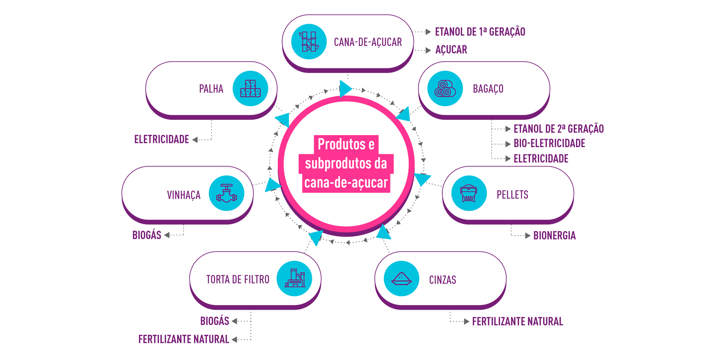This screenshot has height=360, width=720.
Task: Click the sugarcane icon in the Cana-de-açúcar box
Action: click(309, 41)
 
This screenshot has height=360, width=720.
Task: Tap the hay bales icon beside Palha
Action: click(250, 89)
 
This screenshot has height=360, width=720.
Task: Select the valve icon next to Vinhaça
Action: click(226, 193)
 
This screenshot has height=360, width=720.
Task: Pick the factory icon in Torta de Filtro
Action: click(294, 279)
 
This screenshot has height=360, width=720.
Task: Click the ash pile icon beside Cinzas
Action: click(401, 279)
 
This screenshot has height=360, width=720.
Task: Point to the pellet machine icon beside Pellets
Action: click(469, 193)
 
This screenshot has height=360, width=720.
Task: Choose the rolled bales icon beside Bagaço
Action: click(445, 89)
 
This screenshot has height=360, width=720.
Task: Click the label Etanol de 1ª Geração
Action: click(480, 32)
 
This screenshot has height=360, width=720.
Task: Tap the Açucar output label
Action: click(451, 50)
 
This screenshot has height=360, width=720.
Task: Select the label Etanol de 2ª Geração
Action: click(558, 129)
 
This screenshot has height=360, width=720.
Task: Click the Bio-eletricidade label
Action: click(549, 144)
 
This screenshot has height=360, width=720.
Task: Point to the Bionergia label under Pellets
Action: click(554, 236)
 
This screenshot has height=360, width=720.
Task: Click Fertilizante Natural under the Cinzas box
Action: click(517, 322)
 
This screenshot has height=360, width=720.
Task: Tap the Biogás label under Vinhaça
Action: click(147, 235)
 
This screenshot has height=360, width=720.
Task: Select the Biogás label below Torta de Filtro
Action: click(215, 321)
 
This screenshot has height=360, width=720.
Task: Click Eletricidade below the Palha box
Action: click(162, 139)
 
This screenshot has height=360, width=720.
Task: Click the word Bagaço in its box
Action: click(488, 89)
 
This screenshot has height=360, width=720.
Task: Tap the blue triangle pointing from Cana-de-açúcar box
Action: click(345, 89)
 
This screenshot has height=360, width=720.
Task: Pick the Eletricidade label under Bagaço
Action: click(541, 159)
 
